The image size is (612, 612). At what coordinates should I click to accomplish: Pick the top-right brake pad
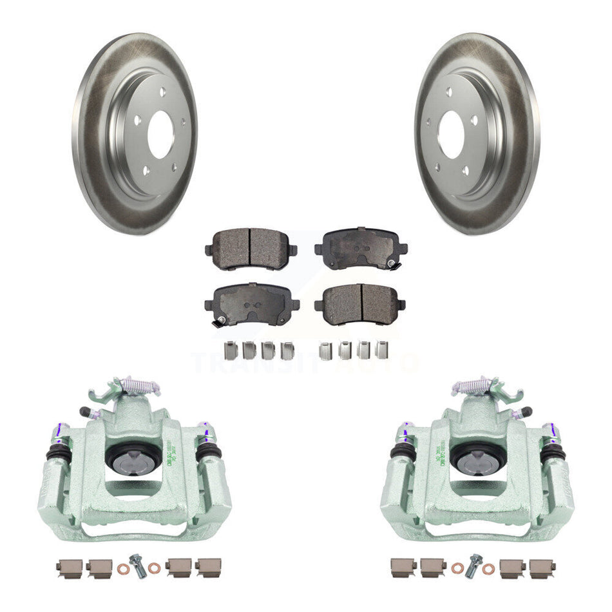[361, 245]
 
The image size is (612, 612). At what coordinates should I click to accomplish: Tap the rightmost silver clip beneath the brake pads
[381, 350]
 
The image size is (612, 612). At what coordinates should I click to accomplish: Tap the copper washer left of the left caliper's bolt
[123, 569]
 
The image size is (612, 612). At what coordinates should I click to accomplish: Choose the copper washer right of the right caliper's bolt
[490, 569]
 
